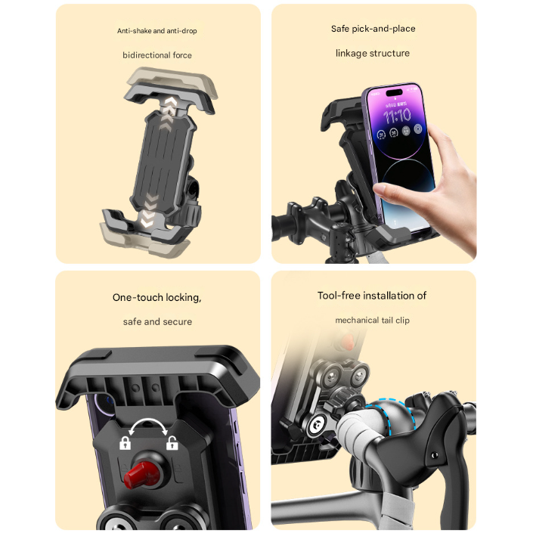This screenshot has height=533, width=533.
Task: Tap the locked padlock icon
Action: click(125, 443)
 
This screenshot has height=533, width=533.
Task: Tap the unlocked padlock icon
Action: click(172, 442)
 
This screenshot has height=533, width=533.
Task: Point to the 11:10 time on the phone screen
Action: click(397, 116)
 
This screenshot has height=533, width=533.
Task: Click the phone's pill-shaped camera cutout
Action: click(395, 91)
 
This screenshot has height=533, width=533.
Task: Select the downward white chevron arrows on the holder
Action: click(149, 211)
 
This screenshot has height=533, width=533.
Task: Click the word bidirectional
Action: click(147, 55)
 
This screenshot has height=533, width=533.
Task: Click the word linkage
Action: click(351, 54)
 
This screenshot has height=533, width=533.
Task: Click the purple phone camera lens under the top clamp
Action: click(106, 404)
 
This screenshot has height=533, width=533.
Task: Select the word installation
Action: click(389, 296)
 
